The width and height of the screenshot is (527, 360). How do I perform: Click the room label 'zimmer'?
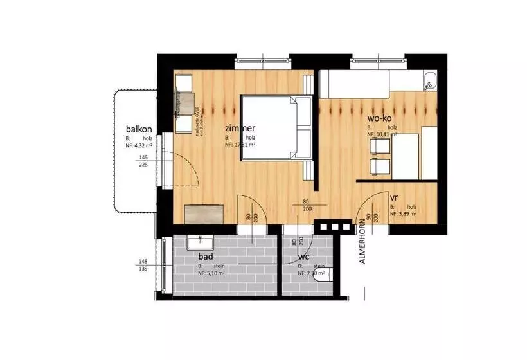click(240, 127)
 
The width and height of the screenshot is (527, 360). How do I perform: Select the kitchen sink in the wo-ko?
click(429, 82)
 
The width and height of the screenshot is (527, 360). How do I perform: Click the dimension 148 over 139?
click(143, 265)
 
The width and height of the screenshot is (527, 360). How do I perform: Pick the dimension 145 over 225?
click(143, 161)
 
